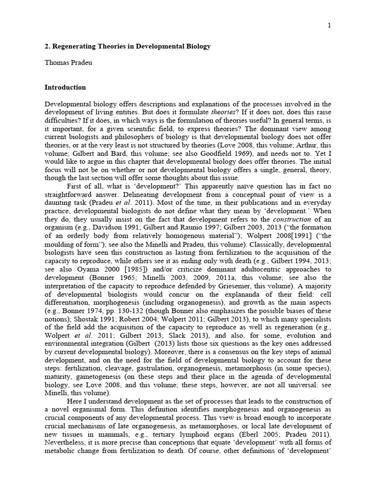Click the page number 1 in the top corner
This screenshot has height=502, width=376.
329,25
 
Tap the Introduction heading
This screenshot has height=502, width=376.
65,88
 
